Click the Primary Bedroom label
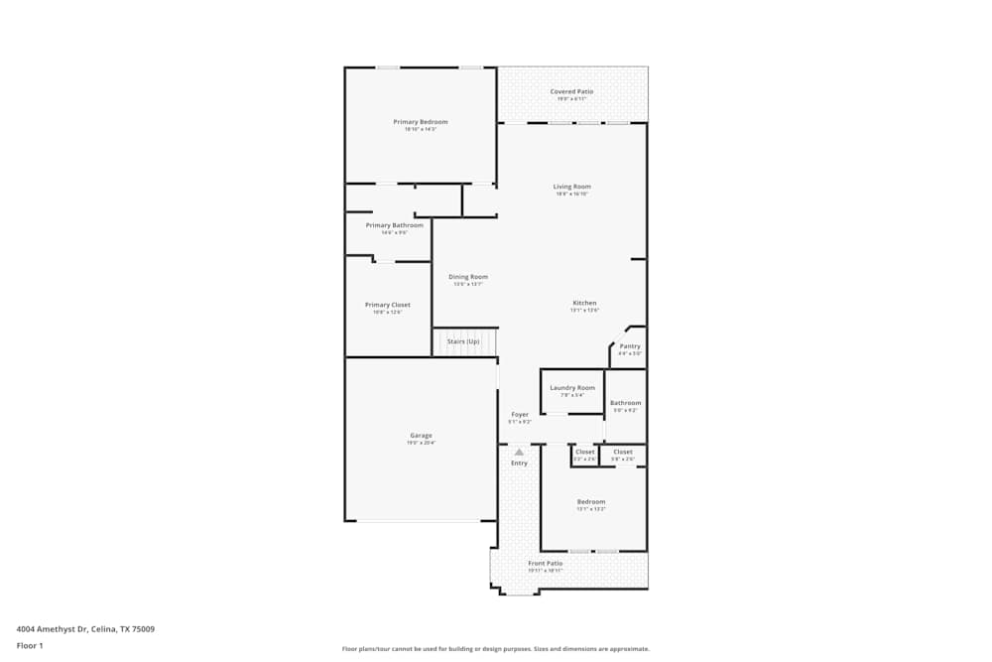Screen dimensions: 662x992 [x=421, y=122]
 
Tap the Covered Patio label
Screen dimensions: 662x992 [x=572, y=92]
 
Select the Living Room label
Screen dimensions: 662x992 [x=572, y=187]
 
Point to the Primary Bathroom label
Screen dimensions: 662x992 [x=394, y=225]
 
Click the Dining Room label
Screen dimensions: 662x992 [x=468, y=277]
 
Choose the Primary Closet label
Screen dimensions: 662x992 [x=387, y=305]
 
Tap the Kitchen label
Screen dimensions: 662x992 [x=584, y=303]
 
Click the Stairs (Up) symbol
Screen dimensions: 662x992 [x=464, y=341]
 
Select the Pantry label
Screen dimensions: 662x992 [x=630, y=346]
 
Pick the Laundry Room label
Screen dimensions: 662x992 [x=572, y=388]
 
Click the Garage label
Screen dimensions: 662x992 [x=421, y=435]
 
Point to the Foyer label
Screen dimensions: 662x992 [x=520, y=415]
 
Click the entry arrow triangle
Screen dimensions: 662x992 [x=519, y=452]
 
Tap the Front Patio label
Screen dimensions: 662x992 [x=546, y=563]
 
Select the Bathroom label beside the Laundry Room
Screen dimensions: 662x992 [x=626, y=403]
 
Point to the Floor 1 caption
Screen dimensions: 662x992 [x=30, y=645]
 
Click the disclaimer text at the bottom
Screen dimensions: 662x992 [x=496, y=648]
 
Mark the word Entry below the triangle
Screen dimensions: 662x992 [x=520, y=463]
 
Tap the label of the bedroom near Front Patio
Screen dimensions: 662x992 [x=591, y=502]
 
